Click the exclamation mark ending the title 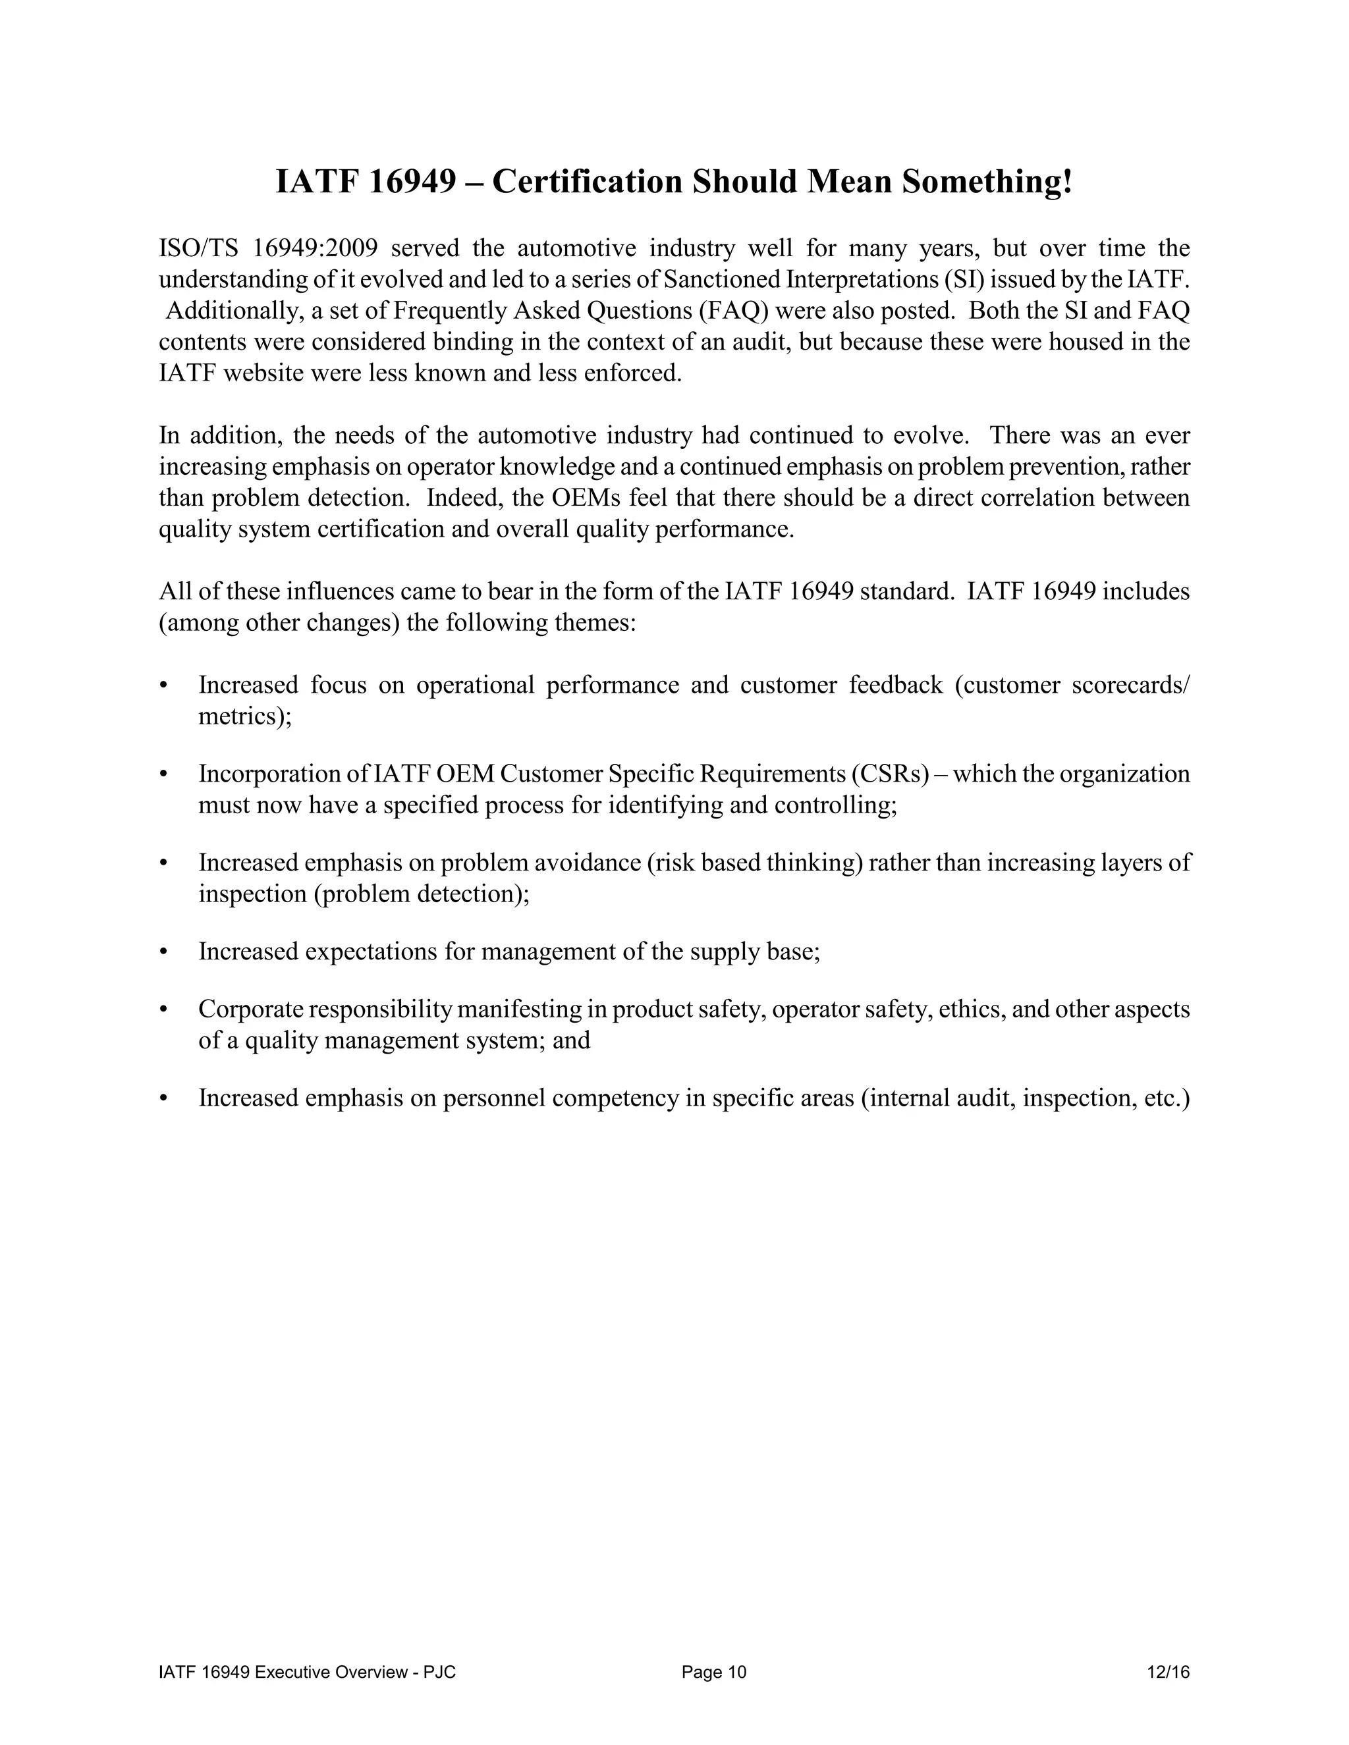point(1068,182)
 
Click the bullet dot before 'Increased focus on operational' point(164,685)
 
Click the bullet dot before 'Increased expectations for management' point(164,952)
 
